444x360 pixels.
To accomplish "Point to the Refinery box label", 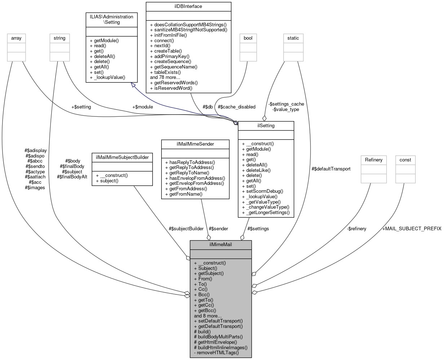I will (374, 160).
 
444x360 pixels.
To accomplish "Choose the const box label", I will (405, 160).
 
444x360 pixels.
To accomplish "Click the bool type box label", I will (248, 38).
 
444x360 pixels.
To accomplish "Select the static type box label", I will (293, 38).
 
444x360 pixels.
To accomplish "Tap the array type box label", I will (16, 38).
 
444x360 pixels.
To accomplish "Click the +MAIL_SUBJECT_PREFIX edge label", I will (412, 229).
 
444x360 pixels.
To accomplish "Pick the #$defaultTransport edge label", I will (331, 169).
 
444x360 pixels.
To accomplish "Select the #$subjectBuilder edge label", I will (186, 228).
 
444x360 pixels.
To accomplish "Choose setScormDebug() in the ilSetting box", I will (264, 191).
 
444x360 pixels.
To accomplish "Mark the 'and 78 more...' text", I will (165, 77).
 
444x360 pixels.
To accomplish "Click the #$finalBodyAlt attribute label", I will (72, 177).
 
